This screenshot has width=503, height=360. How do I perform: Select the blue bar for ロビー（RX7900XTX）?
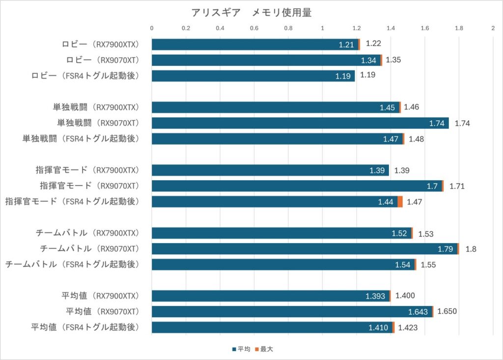246,45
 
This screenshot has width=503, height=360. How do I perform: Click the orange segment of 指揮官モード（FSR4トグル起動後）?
400,202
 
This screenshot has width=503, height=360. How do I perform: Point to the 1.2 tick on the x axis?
357,28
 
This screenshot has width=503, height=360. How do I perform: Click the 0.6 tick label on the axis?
254,28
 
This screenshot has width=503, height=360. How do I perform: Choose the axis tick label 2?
493,28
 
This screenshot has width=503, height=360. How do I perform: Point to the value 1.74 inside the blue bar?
437,123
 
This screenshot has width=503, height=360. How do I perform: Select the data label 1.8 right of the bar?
471,249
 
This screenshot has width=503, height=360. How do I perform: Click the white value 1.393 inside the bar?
377,296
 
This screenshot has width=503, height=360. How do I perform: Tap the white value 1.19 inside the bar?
342,76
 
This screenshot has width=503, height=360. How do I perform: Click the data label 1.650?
447,312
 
